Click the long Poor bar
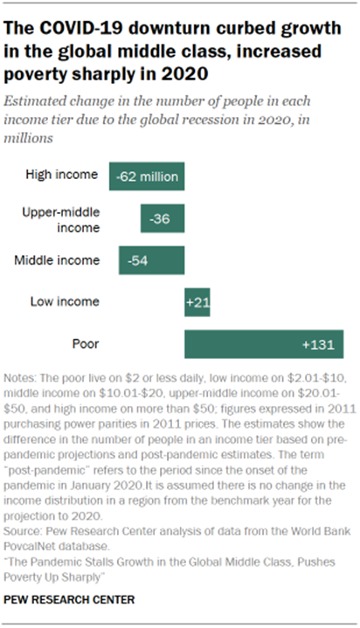pos(263,344)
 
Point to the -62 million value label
pos(147,176)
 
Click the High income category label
pos(62,175)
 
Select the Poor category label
pos(84,344)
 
